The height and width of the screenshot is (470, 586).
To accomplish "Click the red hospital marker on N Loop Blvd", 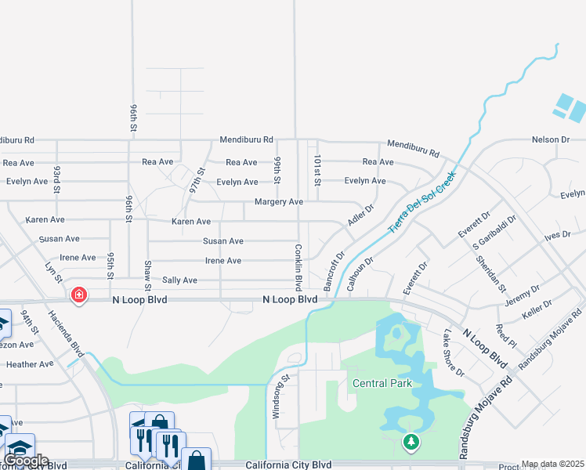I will [78, 295].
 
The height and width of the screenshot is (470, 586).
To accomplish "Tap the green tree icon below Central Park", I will [411, 443].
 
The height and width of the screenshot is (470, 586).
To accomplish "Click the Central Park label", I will [382, 383].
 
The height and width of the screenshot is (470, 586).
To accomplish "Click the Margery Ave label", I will [278, 202].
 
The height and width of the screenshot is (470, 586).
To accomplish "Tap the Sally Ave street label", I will [179, 280].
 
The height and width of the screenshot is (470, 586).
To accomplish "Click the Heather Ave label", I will [30, 363].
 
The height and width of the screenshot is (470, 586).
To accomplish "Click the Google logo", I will [26, 461].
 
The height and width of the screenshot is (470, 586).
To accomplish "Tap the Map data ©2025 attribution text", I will [552, 465].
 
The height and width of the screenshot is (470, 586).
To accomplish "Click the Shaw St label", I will [147, 273].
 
